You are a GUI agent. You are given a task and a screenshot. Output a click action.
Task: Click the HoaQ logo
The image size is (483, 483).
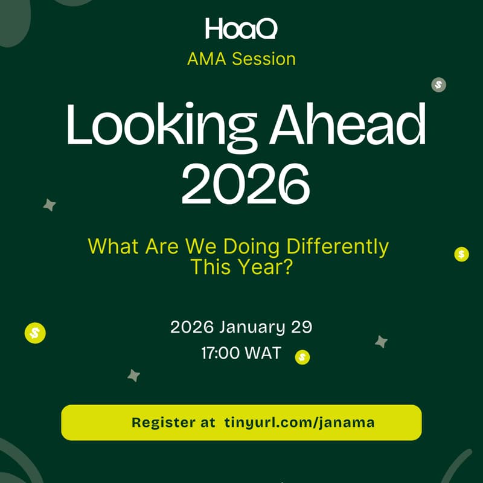pos(241,28)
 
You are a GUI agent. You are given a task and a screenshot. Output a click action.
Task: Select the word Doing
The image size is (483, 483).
pos(252,246)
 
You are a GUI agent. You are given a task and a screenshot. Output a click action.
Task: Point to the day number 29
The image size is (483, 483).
pos(302,328)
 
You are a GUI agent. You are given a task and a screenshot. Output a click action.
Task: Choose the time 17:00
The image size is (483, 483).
pos(220,353)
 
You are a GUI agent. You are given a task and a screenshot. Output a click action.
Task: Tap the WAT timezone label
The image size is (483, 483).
pos(263,353)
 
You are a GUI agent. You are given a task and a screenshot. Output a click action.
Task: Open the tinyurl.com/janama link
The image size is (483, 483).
pos(299,423)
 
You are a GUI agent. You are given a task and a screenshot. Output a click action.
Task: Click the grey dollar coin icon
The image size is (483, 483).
pos(439,85)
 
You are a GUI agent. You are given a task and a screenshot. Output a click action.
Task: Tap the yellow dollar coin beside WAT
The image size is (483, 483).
pos(302,357)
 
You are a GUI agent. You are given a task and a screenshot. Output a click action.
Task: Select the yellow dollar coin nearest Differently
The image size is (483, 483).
pos(461,254)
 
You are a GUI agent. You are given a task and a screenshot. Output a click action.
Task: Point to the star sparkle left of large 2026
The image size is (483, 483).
pos(50,205)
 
